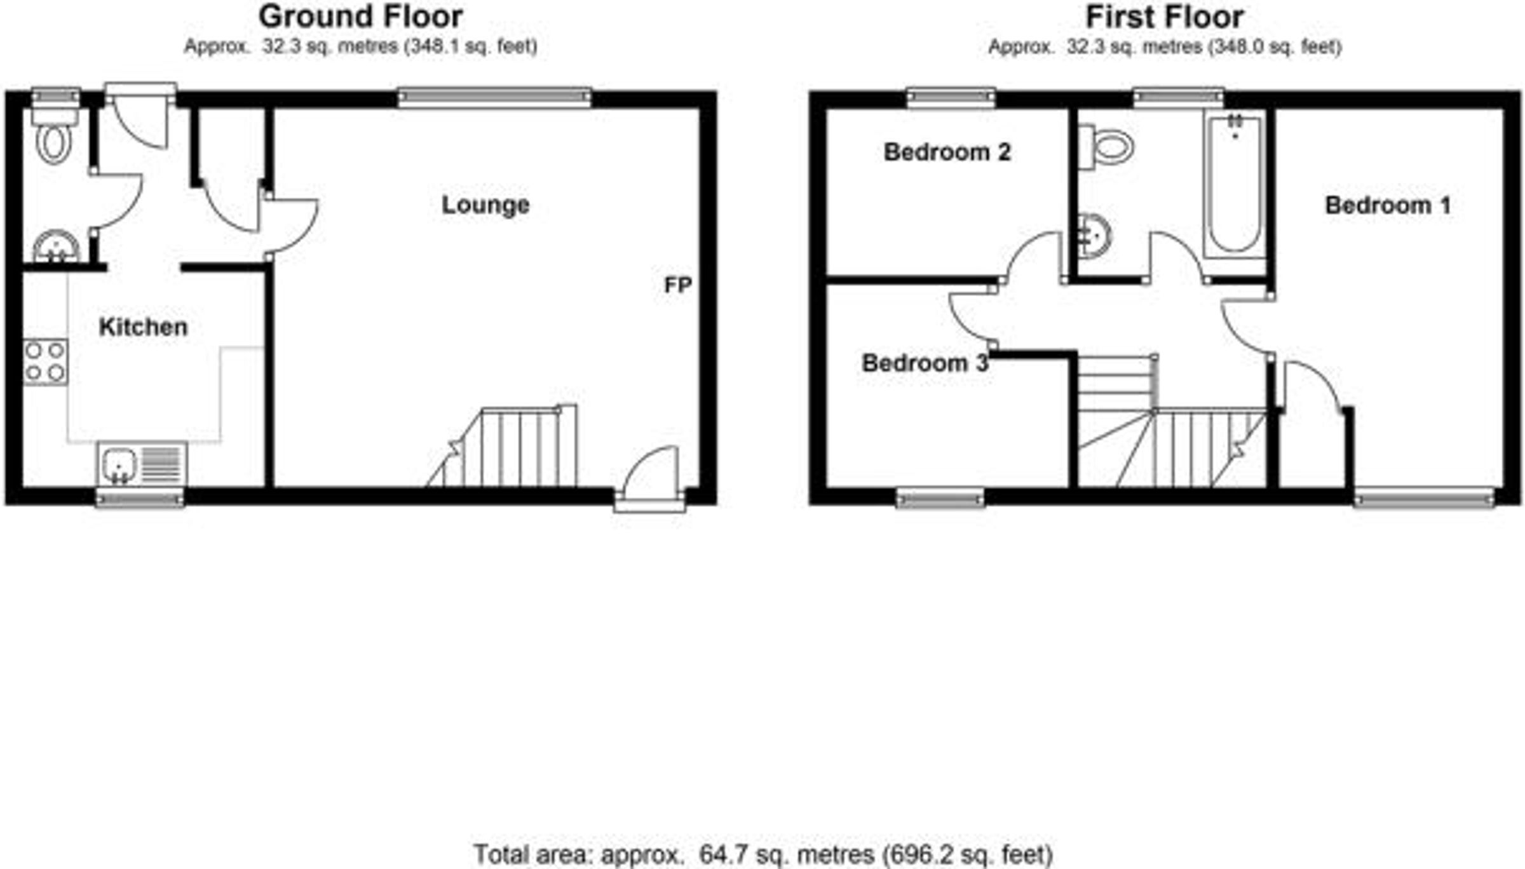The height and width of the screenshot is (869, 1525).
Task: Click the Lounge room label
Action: coord(485,205)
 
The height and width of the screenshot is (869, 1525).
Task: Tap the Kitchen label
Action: coord(143,327)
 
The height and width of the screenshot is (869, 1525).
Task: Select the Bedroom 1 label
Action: coord(1388,205)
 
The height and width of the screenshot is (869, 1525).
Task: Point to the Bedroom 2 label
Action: coord(947,152)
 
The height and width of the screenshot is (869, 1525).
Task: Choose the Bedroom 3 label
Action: coord(925,363)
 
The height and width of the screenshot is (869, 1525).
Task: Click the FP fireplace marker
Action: coord(677,285)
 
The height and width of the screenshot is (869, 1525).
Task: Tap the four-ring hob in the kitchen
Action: coord(45,362)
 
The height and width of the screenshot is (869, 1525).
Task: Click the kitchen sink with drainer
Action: coord(142,464)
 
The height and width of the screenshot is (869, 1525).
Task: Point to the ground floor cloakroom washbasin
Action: coord(56,247)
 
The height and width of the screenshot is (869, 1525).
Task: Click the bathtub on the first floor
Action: coord(1234,184)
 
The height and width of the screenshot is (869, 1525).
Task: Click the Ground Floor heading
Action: coord(361,17)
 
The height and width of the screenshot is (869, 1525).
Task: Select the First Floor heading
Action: coord(1165,17)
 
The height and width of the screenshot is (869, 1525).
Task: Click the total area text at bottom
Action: coord(763,854)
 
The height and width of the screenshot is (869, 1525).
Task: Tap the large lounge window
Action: coord(495,97)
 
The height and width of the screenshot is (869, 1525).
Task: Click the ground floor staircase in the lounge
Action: coord(502,447)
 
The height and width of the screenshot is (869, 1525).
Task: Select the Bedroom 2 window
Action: coord(951,97)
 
